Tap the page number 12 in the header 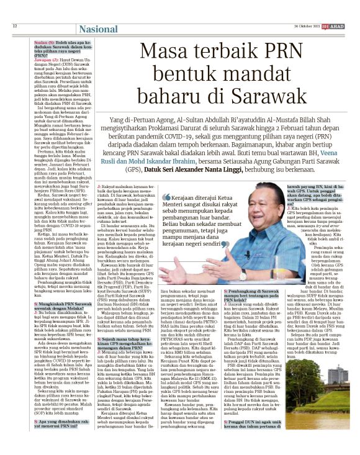click(14, 26)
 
